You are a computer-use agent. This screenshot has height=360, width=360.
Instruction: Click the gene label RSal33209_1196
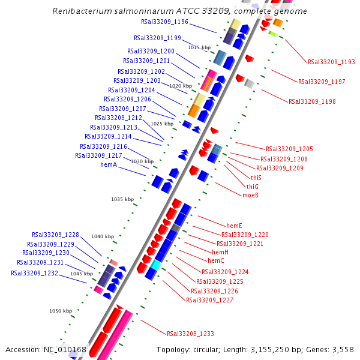164,22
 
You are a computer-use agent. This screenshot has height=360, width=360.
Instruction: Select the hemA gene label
108,164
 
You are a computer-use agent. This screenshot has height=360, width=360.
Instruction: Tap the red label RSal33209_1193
331,62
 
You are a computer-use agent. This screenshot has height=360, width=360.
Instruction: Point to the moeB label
250,195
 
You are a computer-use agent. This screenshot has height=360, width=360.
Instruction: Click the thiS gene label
256,178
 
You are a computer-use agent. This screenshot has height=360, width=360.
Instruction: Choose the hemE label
234,225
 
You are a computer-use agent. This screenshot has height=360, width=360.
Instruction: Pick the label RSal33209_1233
190,334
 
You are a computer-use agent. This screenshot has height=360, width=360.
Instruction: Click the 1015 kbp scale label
199,47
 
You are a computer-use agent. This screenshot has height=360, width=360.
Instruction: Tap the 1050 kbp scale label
61,311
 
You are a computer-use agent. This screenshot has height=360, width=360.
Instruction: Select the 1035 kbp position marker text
122,199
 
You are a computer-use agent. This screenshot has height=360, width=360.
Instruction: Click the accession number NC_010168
65,350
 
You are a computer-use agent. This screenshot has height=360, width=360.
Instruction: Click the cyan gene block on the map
155,265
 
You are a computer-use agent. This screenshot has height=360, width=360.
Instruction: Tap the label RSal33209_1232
34,273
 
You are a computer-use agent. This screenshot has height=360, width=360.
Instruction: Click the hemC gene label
216,260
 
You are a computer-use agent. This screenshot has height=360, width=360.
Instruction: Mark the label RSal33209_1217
98,155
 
